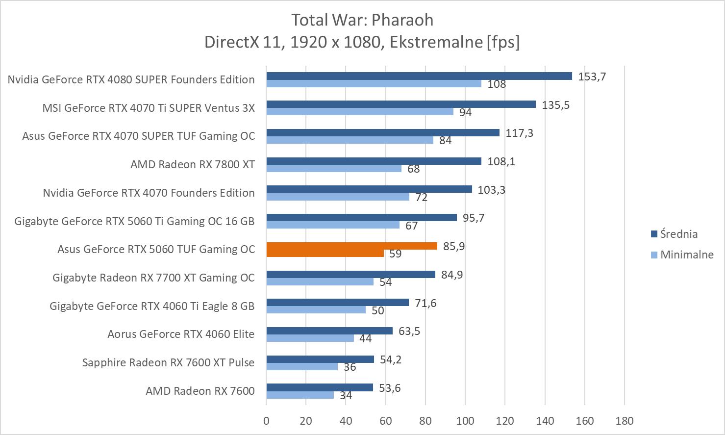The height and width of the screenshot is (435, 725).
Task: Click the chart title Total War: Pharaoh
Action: [362, 20]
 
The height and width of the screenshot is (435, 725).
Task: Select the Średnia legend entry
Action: [678, 234]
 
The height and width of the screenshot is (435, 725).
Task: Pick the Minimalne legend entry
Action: [686, 255]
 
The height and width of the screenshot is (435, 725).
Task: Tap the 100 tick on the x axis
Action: [465, 421]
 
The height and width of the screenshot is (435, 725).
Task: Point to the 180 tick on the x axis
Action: [624, 421]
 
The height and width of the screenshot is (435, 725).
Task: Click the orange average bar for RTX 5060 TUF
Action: [351, 246]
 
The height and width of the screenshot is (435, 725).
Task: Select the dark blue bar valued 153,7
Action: [419, 76]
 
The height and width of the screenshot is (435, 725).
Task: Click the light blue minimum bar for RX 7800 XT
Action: [334, 169]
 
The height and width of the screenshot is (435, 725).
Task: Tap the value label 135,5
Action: [555, 105]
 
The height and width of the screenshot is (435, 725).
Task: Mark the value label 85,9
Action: [454, 246]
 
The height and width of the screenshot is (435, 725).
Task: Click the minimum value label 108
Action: [497, 84]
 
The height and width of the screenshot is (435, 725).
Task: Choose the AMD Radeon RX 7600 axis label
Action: [200, 391]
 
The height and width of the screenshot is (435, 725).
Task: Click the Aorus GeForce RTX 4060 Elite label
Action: [181, 334]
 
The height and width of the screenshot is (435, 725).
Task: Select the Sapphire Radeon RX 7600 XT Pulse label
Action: [168, 362]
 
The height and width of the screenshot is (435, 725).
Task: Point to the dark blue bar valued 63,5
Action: [329, 331]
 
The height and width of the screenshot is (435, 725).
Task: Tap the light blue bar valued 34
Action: [300, 395]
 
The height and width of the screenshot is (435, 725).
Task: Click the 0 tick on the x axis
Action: [266, 421]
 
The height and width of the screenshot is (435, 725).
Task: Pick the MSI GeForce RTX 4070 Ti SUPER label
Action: [149, 108]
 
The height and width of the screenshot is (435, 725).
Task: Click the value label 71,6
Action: [425, 303]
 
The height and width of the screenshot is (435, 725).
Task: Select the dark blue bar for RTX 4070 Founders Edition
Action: [369, 189]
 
